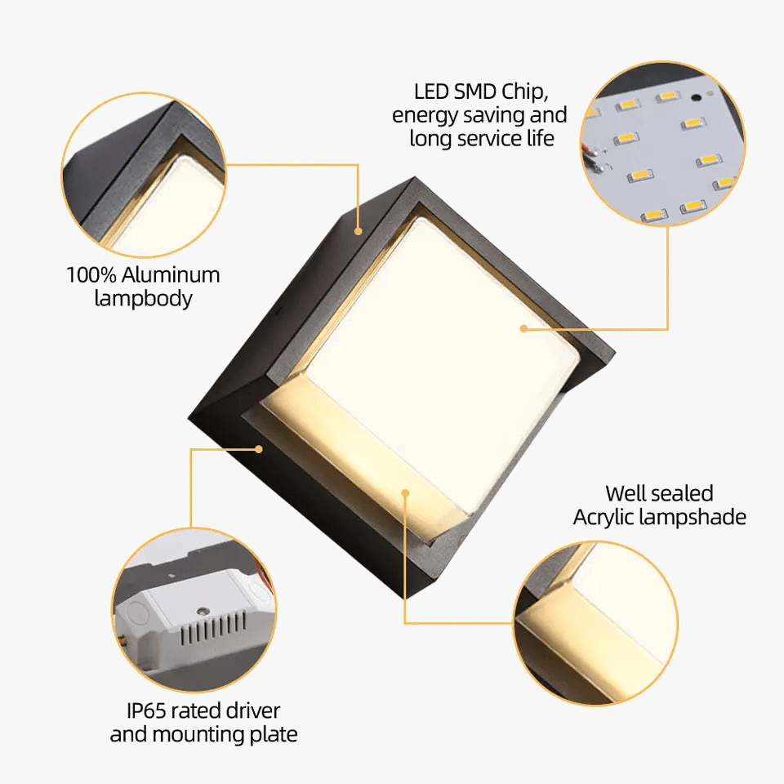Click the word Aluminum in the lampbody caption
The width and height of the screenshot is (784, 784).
pos(171,275)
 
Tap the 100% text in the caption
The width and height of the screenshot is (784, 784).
pos(91,275)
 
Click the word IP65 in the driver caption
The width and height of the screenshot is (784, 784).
pos(145,710)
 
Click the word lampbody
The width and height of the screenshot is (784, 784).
pos(144,299)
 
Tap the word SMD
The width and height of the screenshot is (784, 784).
pos(474,92)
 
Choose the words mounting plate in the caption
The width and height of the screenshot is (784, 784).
pos(225,735)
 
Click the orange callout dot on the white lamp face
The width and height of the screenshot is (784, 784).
pos(523,328)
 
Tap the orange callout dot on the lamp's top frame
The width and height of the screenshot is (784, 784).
pos(358,231)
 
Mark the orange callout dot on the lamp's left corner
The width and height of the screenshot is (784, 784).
pos(259,449)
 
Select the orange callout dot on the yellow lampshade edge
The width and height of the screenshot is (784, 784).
pos(406,493)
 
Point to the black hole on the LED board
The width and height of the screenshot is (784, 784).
pos(696,97)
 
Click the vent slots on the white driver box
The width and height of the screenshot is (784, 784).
pos(213,629)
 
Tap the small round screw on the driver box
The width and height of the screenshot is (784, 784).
pos(203,611)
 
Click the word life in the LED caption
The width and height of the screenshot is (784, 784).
pos(540,139)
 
